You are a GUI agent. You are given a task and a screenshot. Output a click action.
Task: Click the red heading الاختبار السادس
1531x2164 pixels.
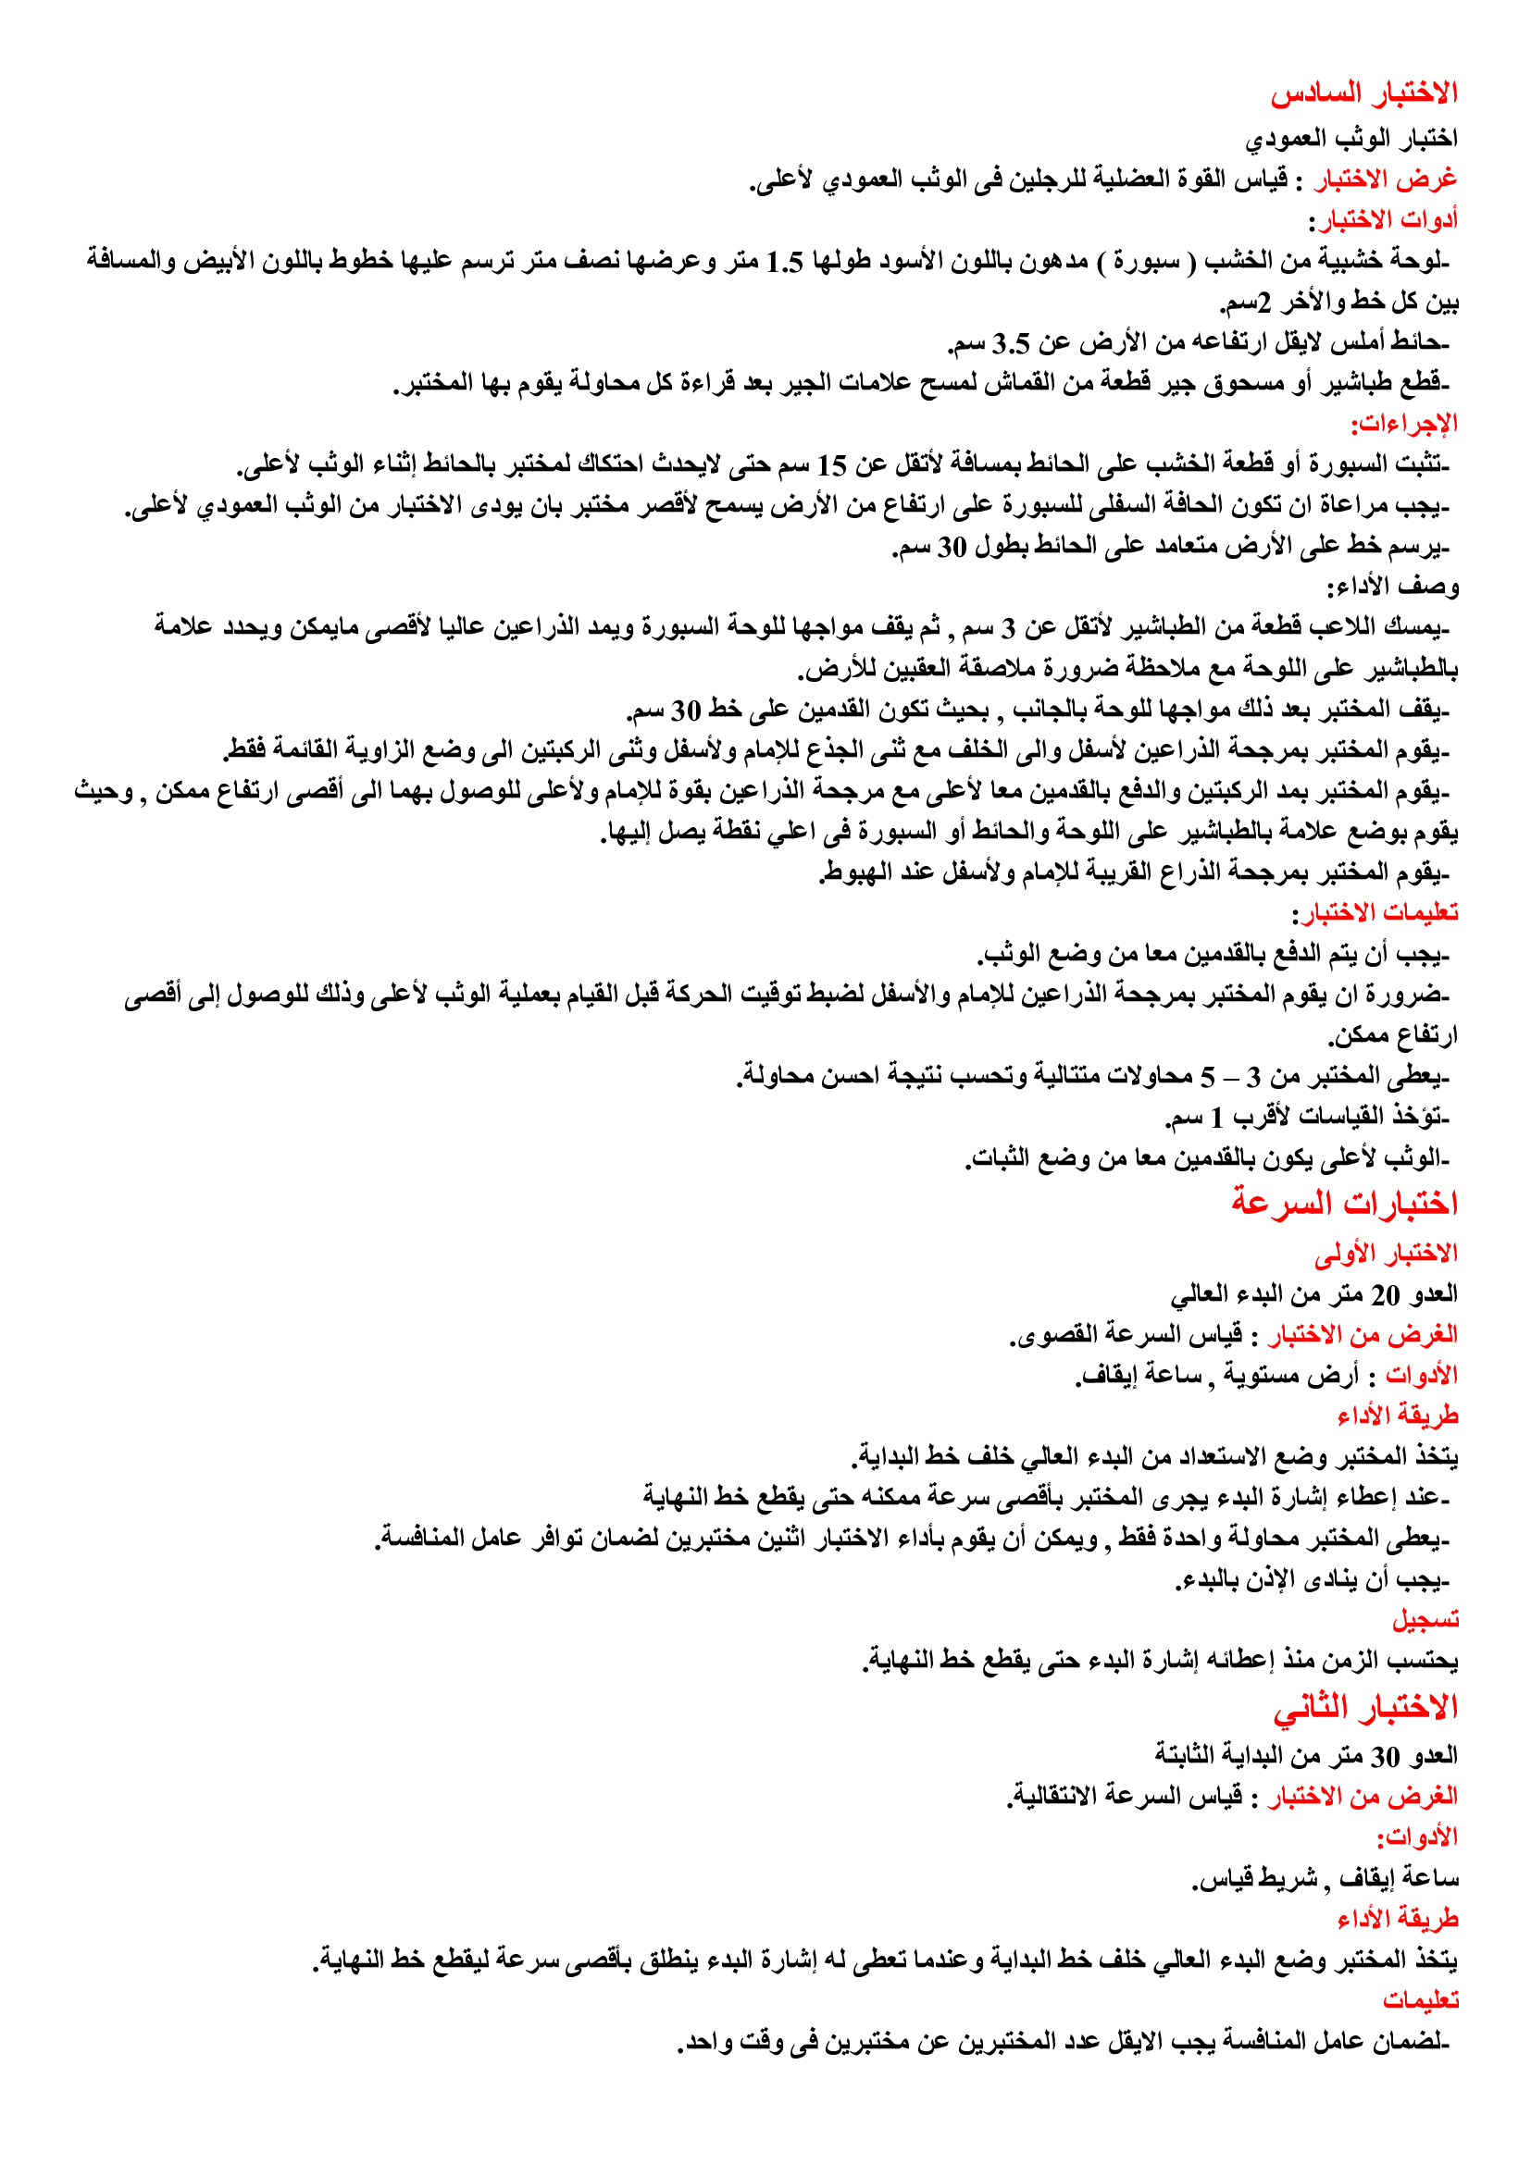pos(1363,93)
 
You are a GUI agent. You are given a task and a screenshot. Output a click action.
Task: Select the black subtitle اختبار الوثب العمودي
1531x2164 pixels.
pos(1351,138)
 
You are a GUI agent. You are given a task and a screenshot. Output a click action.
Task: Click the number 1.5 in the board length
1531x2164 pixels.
pos(783,261)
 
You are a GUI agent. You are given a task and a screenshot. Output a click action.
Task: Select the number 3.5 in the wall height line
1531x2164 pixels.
pos(1011,343)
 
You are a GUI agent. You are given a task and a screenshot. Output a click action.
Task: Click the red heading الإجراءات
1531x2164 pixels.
pos(1404,424)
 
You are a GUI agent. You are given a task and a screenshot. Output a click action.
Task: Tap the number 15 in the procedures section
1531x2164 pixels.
pos(831,465)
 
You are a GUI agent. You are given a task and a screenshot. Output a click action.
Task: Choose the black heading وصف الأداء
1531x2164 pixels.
pos(1392,587)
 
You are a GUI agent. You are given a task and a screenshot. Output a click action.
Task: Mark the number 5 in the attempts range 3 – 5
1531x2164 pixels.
pos(1208,1076)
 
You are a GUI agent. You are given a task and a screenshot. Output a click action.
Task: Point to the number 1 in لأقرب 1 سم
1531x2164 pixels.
pos(1217,1118)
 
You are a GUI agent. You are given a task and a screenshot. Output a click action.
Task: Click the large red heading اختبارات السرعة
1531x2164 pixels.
pos(1344,1203)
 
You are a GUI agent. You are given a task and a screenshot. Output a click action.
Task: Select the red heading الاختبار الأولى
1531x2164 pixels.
pos(1386,1254)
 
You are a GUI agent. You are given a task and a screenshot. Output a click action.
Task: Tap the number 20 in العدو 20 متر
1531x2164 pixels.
pos(1385,1296)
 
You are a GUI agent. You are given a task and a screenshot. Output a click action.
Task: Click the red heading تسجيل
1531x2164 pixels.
pos(1425,1619)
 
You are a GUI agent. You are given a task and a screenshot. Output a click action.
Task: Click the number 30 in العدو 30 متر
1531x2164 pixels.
pos(1385,1757)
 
